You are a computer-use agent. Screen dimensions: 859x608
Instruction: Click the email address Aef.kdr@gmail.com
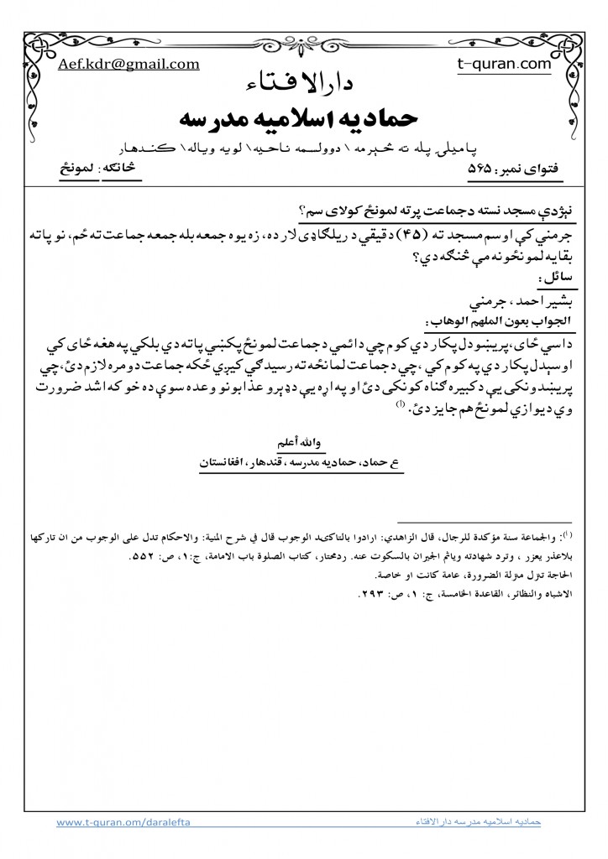point(128,65)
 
